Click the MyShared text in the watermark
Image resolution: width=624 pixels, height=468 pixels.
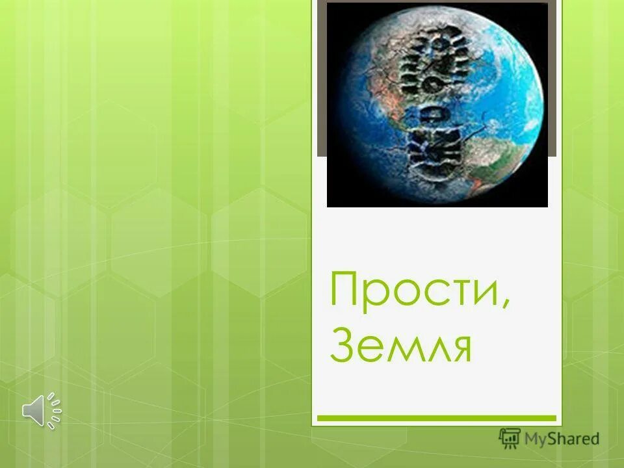click(x=562, y=439)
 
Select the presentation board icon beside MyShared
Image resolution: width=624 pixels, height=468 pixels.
click(x=510, y=438)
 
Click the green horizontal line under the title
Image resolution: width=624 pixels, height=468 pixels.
click(x=436, y=418)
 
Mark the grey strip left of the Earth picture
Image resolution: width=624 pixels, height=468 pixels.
click(x=321, y=78)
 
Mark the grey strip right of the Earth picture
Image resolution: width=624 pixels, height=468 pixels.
click(x=553, y=78)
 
